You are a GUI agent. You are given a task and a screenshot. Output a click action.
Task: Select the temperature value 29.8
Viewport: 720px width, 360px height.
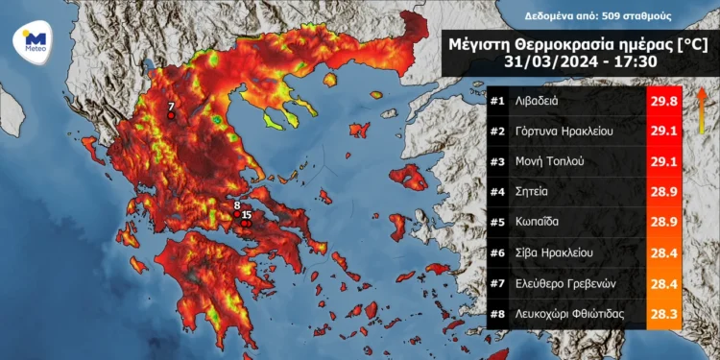click(x=664, y=101)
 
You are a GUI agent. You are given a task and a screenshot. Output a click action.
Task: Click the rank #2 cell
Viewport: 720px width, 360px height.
click(x=497, y=131)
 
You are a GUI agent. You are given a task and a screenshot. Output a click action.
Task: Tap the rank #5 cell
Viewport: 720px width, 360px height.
click(x=497, y=222)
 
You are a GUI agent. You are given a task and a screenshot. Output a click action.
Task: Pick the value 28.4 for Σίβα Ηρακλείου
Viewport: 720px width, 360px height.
click(x=664, y=252)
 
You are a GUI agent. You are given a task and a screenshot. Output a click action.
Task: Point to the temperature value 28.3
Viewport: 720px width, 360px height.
click(x=664, y=313)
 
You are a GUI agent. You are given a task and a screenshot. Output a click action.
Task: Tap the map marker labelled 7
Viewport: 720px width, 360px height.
click(x=171, y=115)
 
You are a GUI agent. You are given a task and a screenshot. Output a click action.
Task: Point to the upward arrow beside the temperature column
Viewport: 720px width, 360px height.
click(x=701, y=101)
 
